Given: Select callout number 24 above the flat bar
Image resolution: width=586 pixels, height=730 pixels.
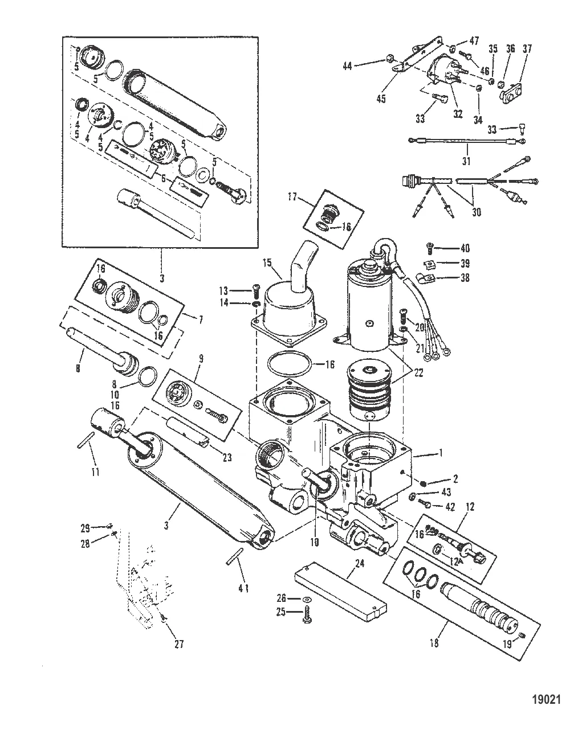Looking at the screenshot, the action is coord(360,563).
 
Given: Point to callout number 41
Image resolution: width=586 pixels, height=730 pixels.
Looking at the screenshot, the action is coord(243,589).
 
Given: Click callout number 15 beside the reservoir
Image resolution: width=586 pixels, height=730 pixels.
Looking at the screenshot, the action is coord(267,263).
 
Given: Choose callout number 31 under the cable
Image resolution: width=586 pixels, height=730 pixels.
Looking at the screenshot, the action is coord(466,161).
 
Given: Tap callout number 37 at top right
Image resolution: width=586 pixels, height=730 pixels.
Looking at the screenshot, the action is coord(527,48).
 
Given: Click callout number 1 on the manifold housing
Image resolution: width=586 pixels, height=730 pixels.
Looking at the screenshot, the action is coord(441,453).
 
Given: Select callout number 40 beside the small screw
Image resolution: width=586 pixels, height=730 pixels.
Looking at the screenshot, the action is coord(465,248).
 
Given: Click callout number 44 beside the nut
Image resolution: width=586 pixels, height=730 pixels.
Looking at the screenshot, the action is coord(347,66).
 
